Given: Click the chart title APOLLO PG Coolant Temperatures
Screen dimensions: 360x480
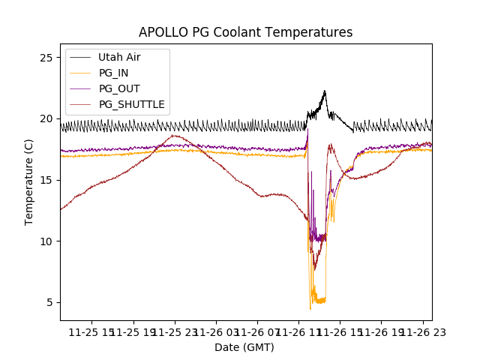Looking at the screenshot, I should tap(245, 32).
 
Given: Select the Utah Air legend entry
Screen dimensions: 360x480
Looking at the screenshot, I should tap(119, 57).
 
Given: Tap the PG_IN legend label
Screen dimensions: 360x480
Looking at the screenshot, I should tap(113, 73).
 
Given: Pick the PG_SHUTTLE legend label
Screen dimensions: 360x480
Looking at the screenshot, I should tap(131, 104).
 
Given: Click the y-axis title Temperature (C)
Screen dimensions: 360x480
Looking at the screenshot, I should tap(29, 181).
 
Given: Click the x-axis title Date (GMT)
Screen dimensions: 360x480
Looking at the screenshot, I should tap(244, 347).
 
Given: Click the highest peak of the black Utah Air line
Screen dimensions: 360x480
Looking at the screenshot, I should tap(325, 91).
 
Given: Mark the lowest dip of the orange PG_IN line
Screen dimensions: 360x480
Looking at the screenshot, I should tap(310, 308).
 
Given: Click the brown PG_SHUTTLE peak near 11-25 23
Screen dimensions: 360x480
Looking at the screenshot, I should tap(174, 136).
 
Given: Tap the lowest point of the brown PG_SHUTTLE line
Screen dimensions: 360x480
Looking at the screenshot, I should tap(315, 270).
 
